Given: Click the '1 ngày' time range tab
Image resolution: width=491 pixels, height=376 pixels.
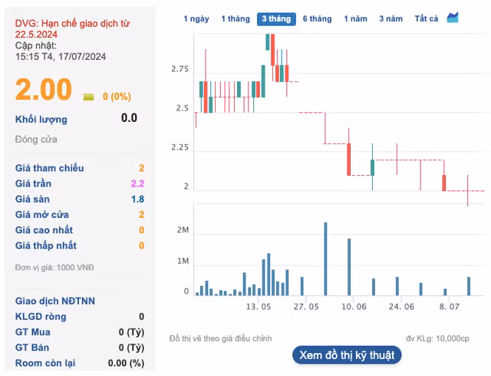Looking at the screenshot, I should tap(196, 18).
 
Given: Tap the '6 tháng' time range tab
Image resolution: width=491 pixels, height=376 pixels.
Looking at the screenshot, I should tap(317, 18).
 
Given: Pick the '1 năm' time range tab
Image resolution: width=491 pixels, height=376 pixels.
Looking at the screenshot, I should tap(355, 18).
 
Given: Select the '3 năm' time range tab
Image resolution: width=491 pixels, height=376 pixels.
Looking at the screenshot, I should tap(390, 18).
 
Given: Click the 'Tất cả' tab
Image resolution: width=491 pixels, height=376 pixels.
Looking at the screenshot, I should tap(426, 18).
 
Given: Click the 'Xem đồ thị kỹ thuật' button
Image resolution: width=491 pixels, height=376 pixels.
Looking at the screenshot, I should tap(347, 355).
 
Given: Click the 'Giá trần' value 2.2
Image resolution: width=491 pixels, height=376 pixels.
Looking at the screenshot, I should tap(137, 183).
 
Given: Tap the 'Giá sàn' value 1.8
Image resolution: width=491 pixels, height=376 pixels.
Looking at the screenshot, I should tap(137, 199).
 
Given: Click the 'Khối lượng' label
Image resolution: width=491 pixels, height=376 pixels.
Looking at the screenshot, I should tap(41, 119).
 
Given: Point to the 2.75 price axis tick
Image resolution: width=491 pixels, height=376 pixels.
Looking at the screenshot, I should tap(180, 70).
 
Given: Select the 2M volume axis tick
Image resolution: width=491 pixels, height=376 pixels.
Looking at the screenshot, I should tap(183, 231).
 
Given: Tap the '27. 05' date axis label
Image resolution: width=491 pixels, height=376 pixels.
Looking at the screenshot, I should tap(305, 306).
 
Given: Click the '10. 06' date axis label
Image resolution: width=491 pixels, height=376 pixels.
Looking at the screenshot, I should tap(353, 306).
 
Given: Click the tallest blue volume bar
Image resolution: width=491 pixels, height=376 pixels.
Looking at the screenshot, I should tap(325, 259).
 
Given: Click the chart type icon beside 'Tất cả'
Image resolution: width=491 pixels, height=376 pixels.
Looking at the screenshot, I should tap(453, 18).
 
